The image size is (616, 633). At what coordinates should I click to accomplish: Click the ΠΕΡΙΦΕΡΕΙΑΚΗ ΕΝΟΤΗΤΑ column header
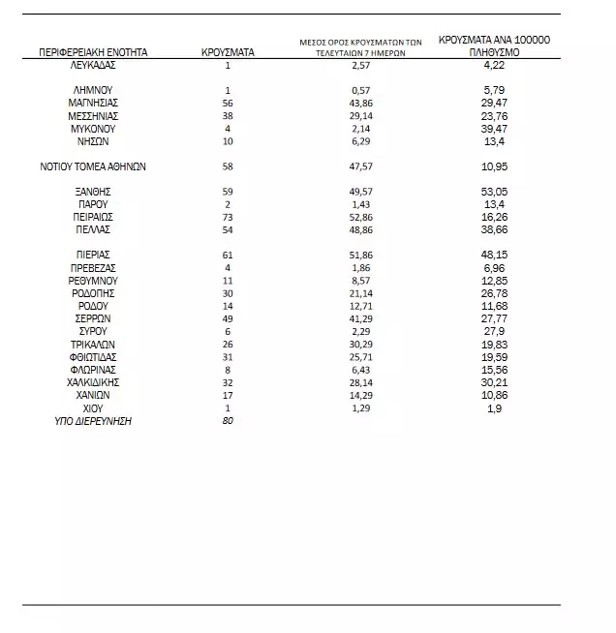coord(94,52)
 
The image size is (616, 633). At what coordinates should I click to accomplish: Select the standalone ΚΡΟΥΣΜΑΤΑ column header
coord(228,52)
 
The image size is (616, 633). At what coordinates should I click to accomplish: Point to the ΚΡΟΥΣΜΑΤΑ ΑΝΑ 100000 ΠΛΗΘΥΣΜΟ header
coord(494,45)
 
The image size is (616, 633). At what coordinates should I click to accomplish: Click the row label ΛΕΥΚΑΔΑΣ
coord(94,65)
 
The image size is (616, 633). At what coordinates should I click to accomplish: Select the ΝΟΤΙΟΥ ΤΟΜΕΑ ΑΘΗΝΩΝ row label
coord(94,166)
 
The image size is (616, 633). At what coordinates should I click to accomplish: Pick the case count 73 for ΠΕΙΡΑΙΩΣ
coord(228,218)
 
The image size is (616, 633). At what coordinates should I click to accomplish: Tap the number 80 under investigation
coord(228,421)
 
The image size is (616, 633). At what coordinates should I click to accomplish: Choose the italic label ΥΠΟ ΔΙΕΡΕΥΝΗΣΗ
coord(94,421)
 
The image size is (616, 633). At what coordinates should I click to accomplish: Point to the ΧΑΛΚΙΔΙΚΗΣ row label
coord(94,382)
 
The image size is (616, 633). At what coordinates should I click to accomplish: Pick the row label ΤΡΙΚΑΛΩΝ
coord(94,345)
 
